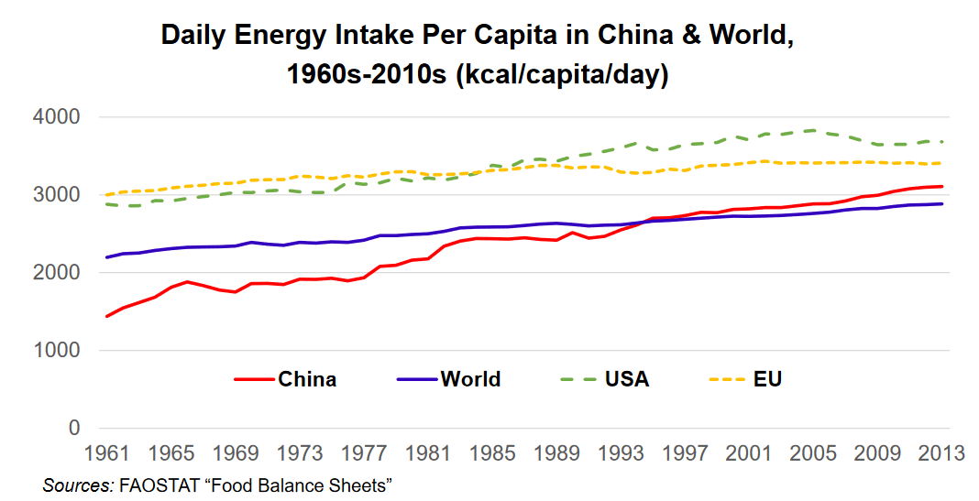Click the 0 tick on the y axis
74,429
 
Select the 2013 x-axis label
940,453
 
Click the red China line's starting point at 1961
107,316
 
